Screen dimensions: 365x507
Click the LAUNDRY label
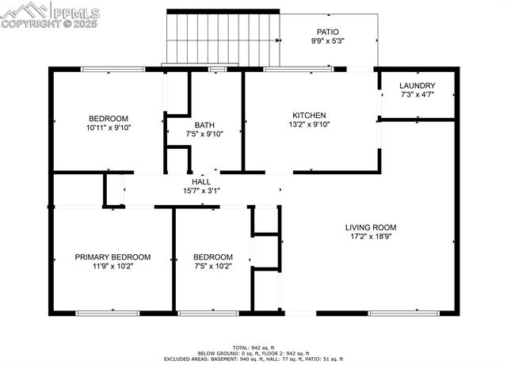click(416, 86)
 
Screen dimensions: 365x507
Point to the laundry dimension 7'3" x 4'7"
click(416, 96)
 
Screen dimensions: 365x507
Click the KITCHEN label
click(309, 115)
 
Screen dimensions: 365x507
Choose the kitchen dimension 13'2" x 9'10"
click(309, 124)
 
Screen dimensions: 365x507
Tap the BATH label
click(204, 124)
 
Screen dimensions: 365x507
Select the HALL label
click(201, 181)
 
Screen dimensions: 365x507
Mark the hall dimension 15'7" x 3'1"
click(201, 191)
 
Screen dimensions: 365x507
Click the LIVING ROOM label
click(371, 227)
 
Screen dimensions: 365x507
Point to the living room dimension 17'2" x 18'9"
click(371, 237)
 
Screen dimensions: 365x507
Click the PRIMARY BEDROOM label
click(112, 257)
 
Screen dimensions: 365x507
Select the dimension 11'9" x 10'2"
click(112, 267)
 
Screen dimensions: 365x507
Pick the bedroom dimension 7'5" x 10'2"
click(213, 267)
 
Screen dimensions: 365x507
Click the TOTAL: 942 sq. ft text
click(253, 348)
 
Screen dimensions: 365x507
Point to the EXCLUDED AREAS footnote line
click(253, 359)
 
